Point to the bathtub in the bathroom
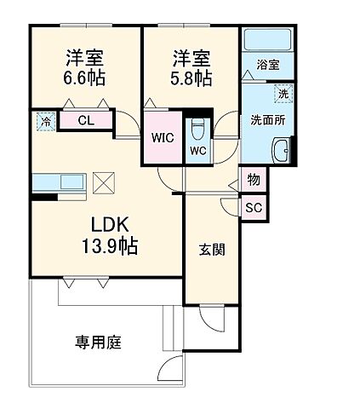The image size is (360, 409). pyautogui.click(x=268, y=41)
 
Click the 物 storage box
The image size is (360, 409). pyautogui.click(x=254, y=180)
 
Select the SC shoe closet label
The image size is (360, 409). pyautogui.click(x=254, y=207)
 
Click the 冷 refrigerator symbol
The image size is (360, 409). pyautogui.click(x=44, y=122)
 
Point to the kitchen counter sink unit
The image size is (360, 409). pyautogui.click(x=59, y=181)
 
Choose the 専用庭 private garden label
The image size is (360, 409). pyautogui.click(x=98, y=343)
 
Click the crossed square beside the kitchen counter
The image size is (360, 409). pyautogui.click(x=102, y=181)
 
